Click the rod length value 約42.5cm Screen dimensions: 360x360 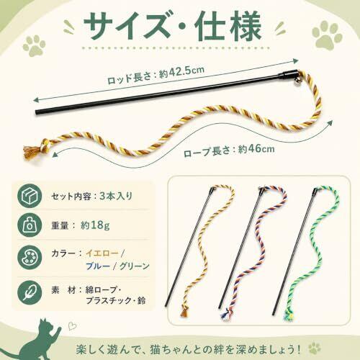pos(182,72)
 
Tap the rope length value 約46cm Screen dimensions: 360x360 pos(256,149)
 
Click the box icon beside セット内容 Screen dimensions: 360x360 pos(30,196)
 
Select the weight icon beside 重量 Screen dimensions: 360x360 pos(30,225)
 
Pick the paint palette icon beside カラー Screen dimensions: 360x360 pos(30,257)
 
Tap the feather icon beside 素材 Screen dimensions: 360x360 pos(30,292)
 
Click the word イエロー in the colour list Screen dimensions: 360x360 pos(102,253)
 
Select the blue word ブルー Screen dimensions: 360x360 pos(98,266)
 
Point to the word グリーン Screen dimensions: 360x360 pos(135,266)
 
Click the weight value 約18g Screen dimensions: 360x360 pos(95,225)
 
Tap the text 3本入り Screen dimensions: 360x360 pos(116,196)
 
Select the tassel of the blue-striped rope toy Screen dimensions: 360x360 pos(225,315)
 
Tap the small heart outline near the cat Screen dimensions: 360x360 pos(72,326)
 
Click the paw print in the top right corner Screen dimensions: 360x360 pos(326,34)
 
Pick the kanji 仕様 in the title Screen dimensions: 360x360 pos(228,26)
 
